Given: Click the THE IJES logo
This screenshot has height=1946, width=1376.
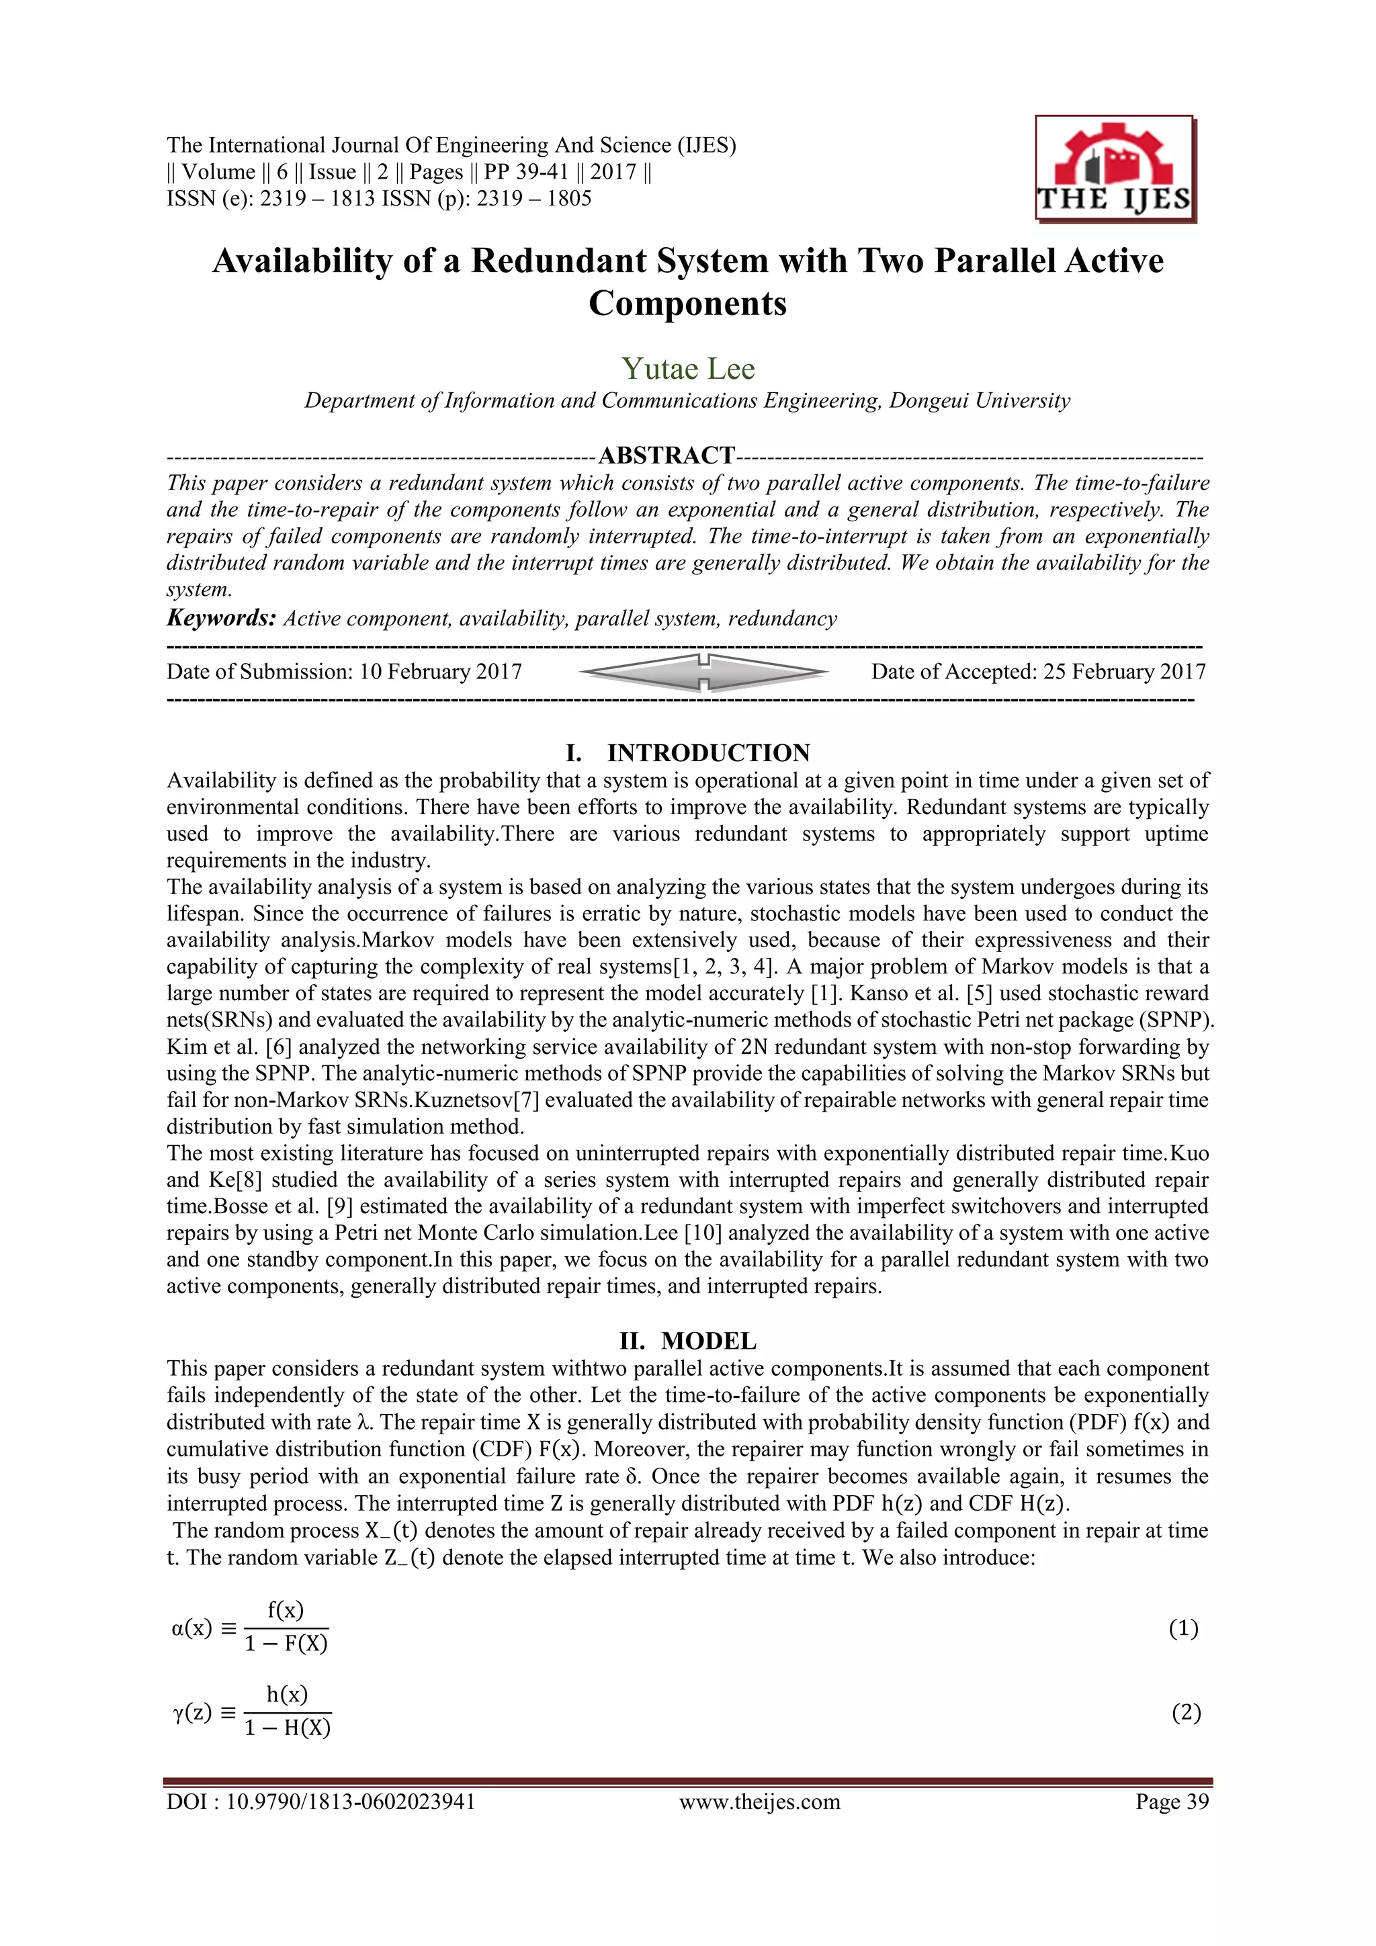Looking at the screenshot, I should pos(1114,169).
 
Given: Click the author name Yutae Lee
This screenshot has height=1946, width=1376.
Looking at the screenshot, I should pos(687,369).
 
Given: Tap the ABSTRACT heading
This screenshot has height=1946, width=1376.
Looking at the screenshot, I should pos(666,455).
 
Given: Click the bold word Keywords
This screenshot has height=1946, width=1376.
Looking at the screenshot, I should pos(220,618).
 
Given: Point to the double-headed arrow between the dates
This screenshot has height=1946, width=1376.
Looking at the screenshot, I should pos(703,672).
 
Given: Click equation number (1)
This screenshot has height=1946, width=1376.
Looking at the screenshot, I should pos(1182,1628).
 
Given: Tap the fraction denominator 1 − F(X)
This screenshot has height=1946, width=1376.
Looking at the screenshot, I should pos(286,1644).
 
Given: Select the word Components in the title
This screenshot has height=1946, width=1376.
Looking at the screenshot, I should pos(687,304).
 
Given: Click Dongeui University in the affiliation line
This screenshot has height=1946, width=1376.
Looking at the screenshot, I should pos(979,400).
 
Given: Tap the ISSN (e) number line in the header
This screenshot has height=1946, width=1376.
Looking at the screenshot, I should pos(378,200).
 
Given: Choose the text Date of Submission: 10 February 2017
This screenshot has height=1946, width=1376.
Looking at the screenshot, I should pos(343,672).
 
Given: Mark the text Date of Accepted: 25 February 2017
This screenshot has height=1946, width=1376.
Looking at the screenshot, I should pos(1038,672).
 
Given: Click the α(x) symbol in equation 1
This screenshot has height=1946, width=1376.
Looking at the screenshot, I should pos(191,1628).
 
